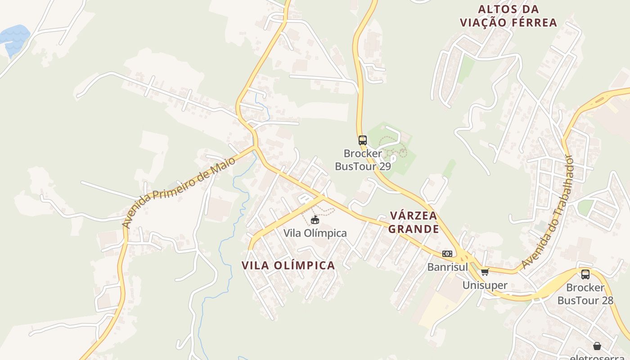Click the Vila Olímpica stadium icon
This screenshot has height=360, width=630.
(315, 220)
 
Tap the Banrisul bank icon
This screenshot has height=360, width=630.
(447, 254)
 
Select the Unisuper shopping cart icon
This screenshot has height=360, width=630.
(485, 272)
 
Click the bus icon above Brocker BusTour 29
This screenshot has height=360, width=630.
(362, 140)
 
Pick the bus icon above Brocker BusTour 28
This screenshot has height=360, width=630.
(585, 274)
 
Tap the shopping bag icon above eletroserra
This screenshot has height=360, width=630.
(597, 346)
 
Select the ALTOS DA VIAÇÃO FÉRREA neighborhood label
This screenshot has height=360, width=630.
(508, 16)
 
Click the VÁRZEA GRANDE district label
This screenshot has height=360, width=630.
(414, 222)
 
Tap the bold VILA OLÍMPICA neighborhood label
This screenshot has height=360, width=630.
(288, 265)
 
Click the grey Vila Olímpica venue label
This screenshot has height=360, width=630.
(315, 233)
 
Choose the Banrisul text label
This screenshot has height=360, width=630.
(447, 267)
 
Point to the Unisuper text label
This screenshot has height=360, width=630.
(485, 285)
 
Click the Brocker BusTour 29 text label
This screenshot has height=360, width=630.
(363, 160)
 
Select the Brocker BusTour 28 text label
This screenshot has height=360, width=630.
(585, 294)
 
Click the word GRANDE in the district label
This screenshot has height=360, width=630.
(414, 229)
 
